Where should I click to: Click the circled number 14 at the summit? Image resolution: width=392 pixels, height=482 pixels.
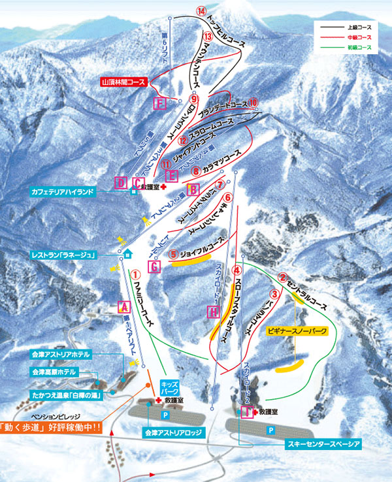click(201, 11)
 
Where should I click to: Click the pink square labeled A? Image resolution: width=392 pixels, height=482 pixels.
click(122, 304)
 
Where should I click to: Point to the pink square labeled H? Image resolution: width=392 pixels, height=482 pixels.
click(214, 313)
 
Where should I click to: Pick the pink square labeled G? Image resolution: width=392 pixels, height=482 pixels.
click(154, 266)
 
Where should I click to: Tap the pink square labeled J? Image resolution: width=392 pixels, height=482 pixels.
click(246, 411)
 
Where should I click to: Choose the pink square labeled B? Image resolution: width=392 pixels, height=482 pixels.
click(193, 189)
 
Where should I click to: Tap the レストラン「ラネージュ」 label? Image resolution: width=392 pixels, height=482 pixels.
click(73, 254)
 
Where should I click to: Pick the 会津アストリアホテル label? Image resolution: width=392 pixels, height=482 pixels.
click(60, 354)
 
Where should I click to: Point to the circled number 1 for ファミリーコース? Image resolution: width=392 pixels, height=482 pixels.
click(136, 275)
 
